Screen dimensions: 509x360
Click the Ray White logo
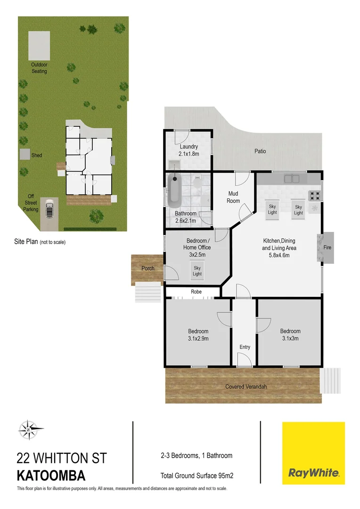(313, 453)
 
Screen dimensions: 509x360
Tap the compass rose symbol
(30, 429)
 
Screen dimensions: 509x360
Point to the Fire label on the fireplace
(328, 247)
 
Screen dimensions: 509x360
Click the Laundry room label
(188, 147)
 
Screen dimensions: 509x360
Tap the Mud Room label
(233, 197)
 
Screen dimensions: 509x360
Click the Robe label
(196, 292)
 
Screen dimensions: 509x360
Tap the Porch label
(148, 269)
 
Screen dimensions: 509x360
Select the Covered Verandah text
(245, 386)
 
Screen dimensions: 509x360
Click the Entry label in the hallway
(245, 347)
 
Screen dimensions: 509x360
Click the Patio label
(260, 151)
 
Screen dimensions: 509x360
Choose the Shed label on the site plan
(37, 155)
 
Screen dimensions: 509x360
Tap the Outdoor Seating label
(39, 68)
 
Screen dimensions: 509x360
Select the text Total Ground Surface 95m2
(197, 476)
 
